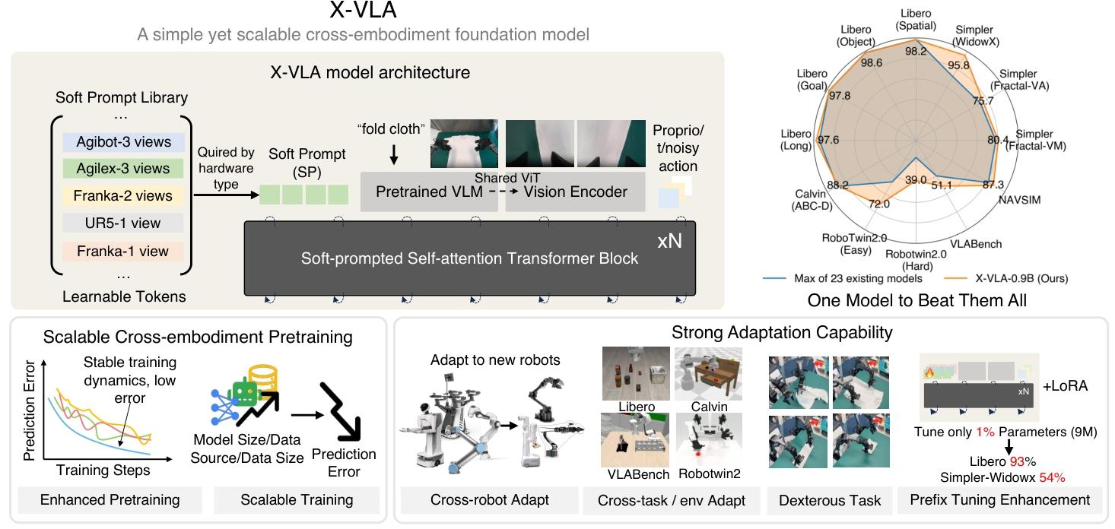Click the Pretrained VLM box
pos(429,192)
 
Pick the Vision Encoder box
pos(572,192)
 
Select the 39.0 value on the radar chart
pos(916,180)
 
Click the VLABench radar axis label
pos(976,244)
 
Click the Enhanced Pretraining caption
pos(110,499)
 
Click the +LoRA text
pos(1064,385)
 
